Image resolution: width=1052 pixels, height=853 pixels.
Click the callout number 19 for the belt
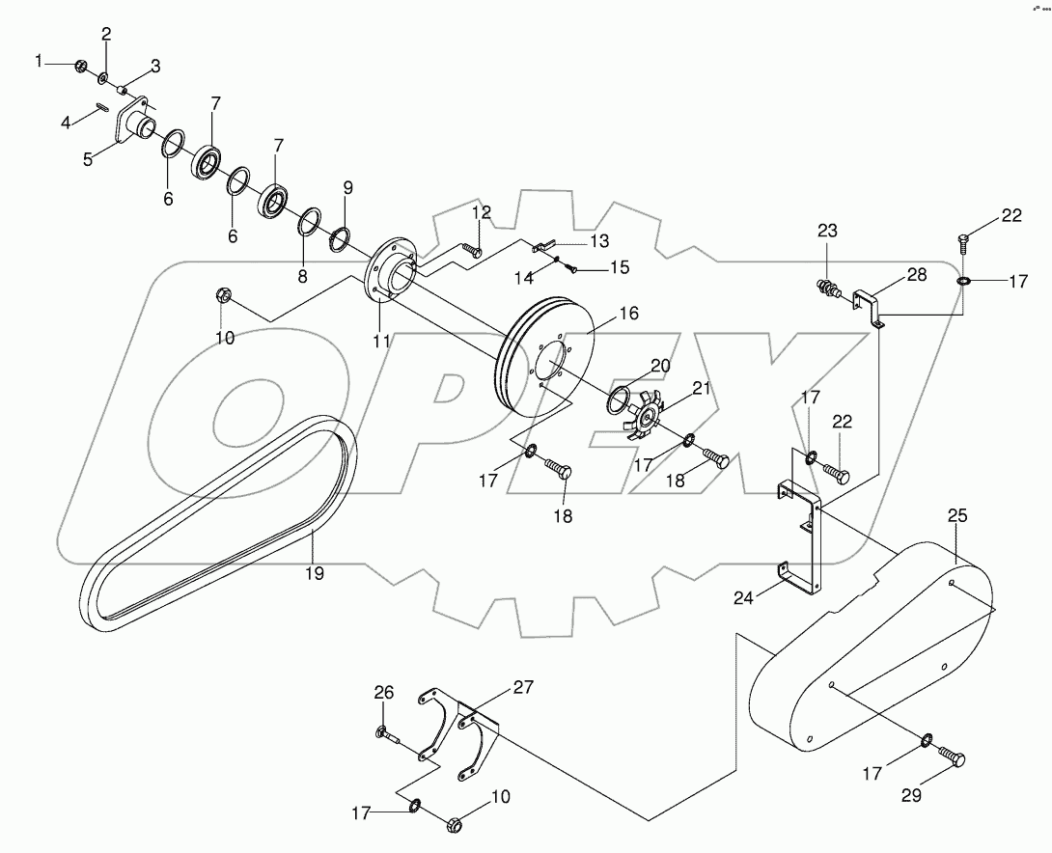click(x=315, y=572)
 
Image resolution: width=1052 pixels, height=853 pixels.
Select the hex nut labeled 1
click(x=81, y=66)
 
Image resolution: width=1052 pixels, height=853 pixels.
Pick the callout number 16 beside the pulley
click(x=628, y=314)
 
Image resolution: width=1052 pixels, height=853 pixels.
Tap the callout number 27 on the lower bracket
click(x=522, y=687)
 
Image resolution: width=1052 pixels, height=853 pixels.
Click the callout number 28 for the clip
click(x=914, y=275)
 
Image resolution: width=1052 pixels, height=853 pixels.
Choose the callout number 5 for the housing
click(x=88, y=158)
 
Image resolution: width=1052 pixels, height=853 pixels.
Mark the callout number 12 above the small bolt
click(x=481, y=211)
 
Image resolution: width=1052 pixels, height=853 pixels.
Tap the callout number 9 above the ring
click(x=347, y=187)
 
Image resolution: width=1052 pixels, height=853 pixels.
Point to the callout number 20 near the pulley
click(x=659, y=366)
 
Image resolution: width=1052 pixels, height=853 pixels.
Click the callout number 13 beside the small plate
click(x=599, y=240)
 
